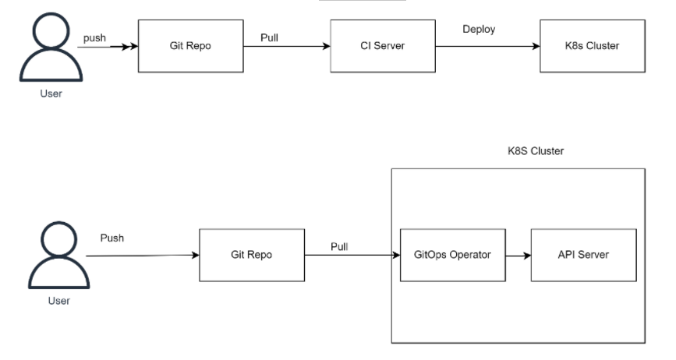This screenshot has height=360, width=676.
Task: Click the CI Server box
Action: pos(383,46)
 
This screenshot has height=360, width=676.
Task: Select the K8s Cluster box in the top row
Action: pos(593,46)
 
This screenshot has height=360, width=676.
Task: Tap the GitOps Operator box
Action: pos(453,256)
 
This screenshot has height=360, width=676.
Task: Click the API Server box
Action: pos(584,256)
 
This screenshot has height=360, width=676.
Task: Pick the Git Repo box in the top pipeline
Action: pos(190,46)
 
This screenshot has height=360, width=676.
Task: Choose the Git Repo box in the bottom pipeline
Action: pos(252,256)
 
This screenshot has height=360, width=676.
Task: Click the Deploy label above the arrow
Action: pos(479,30)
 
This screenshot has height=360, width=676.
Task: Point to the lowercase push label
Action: pos(94,38)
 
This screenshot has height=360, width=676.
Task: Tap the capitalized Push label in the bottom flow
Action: pos(112,238)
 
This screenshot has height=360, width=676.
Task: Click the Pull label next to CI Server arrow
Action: pos(270,38)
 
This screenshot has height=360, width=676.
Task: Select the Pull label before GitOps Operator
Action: pos(339,247)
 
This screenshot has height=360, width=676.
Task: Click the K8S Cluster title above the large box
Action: pos(536,151)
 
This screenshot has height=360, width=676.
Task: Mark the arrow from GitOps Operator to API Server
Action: pos(519,256)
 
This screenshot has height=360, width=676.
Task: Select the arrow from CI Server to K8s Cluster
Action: pos(487,46)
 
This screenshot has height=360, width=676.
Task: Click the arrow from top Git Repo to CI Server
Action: pos(287,46)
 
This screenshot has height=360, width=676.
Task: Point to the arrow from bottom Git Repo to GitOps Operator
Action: pos(352,256)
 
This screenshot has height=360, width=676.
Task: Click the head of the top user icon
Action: pos(51,30)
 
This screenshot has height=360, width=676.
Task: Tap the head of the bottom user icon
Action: pos(59,239)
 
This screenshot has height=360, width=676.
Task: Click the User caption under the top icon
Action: pos(51,94)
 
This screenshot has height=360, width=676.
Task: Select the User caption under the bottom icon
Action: pos(59,301)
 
